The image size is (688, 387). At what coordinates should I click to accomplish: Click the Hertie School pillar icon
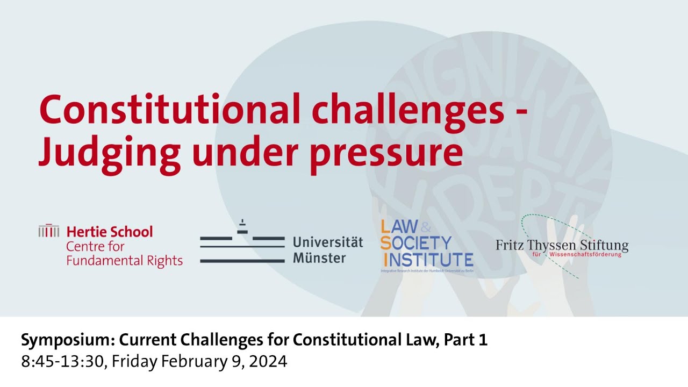point(49,231)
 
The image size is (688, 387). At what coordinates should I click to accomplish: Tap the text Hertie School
point(110,232)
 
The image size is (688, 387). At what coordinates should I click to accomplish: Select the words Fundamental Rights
point(124,261)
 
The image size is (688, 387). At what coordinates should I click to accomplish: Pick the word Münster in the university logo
point(319,258)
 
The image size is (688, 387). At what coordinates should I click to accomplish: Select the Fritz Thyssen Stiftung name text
point(562,245)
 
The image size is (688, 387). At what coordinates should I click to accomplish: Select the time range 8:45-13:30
point(63,361)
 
